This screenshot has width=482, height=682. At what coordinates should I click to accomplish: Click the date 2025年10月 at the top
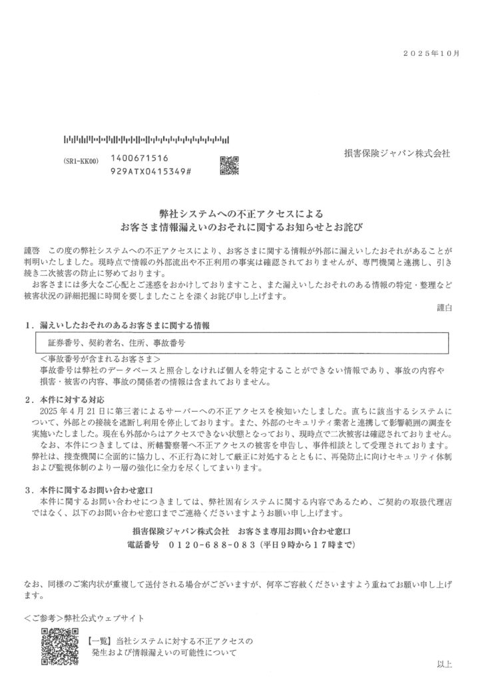pyautogui.click(x=433, y=53)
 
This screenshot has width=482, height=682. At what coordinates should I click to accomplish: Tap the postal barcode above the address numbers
pyautogui.click(x=146, y=141)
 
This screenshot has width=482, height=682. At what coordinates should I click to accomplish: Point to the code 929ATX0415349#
pyautogui.click(x=153, y=172)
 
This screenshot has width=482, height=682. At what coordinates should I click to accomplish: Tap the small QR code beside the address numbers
pyautogui.click(x=228, y=165)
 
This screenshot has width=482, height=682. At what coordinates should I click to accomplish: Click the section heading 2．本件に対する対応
pyautogui.click(x=64, y=400)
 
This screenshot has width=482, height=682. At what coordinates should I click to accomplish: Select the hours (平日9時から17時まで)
pyautogui.click(x=305, y=545)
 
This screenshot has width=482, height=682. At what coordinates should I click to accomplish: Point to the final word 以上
pyautogui.click(x=444, y=664)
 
